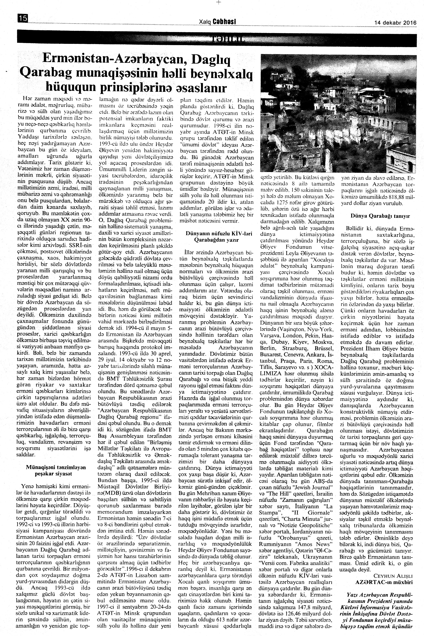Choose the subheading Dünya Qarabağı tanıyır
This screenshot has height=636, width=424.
[380, 216]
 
